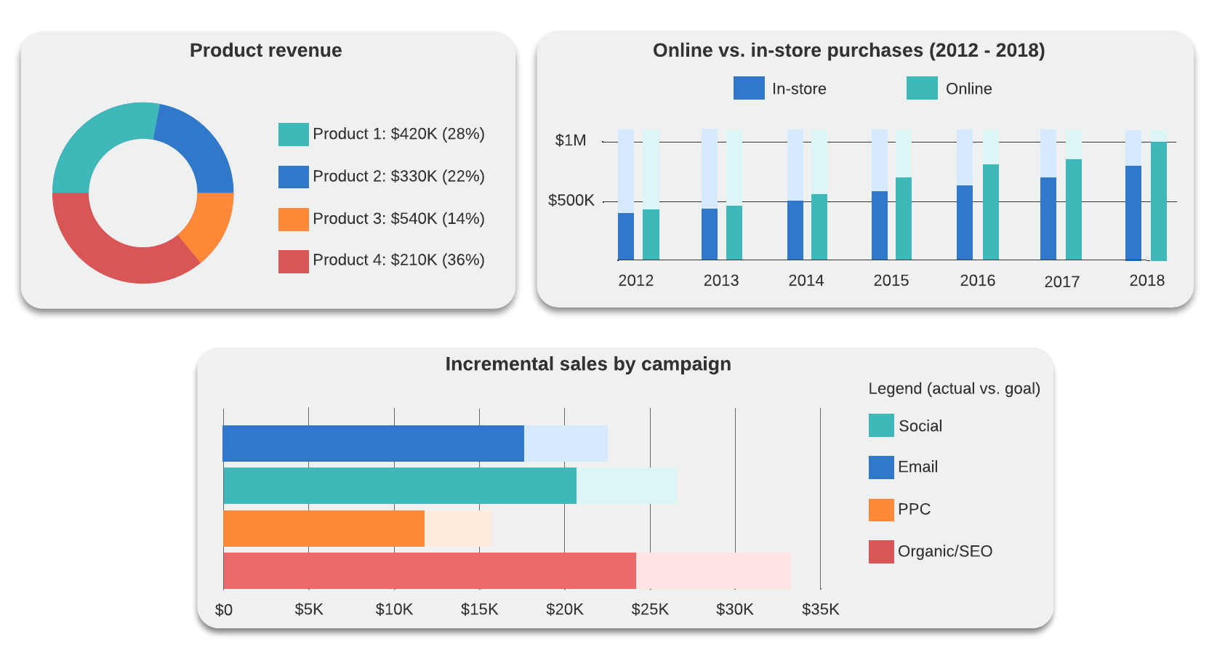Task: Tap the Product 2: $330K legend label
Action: (x=398, y=176)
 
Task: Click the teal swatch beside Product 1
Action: (x=293, y=135)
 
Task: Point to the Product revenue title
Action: (x=265, y=50)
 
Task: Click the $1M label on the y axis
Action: (x=570, y=140)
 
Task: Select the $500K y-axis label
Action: (x=571, y=200)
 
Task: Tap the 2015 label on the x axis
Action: (x=891, y=281)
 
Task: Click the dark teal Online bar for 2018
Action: (x=1158, y=204)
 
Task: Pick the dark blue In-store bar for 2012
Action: (x=625, y=236)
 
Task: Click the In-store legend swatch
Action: (x=749, y=88)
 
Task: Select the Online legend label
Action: (x=968, y=89)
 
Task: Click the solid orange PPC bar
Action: (x=324, y=529)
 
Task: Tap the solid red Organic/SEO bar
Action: (x=429, y=571)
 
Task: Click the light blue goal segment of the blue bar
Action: (x=566, y=444)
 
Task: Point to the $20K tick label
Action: (x=564, y=609)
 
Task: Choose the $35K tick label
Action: (x=820, y=609)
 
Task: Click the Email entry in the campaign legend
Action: (x=917, y=467)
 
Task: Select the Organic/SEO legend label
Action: (x=944, y=551)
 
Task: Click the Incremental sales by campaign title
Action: (x=587, y=364)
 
